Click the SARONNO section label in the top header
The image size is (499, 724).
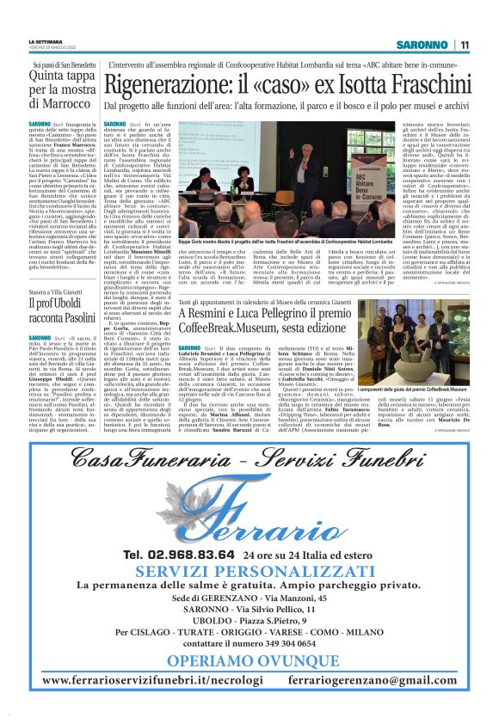tap(425, 45)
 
